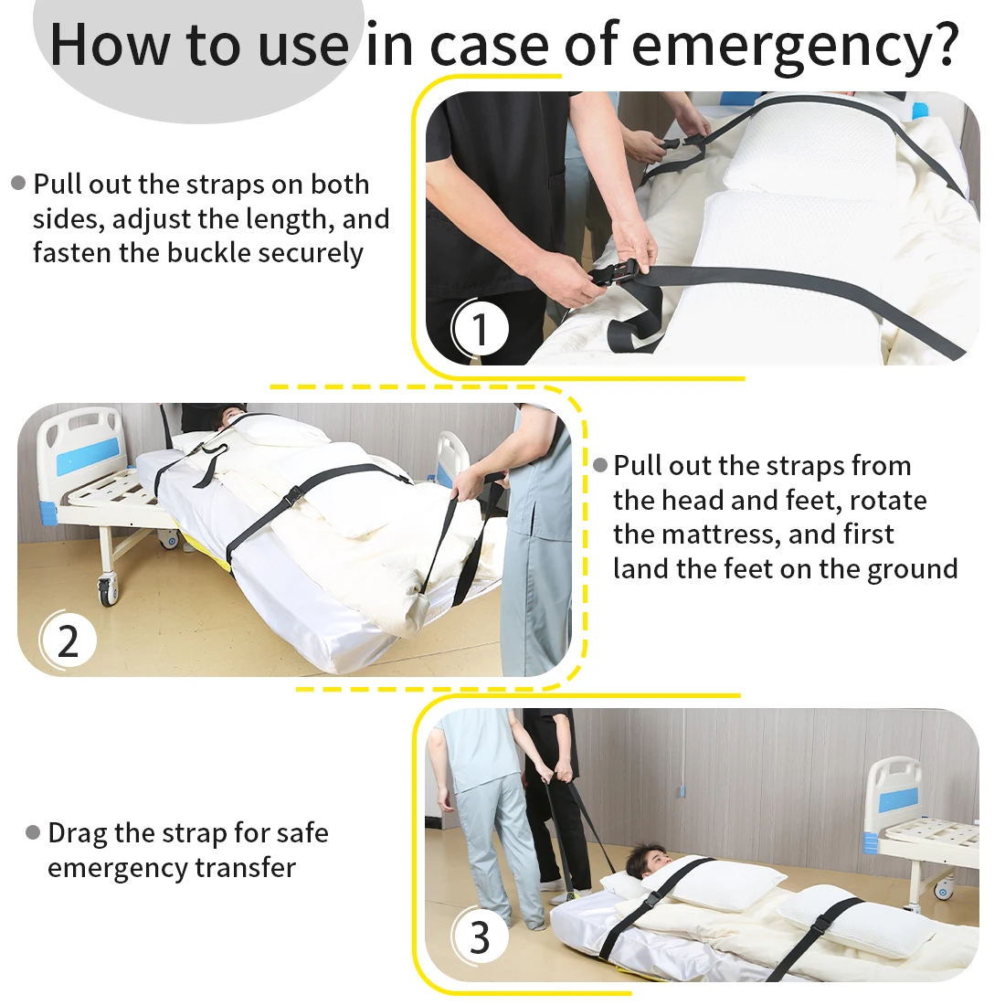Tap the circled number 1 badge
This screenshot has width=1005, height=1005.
click(480, 329)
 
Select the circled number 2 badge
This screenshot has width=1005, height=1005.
click(68, 640)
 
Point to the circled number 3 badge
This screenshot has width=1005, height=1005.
click(480, 937)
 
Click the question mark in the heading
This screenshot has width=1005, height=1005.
click(945, 43)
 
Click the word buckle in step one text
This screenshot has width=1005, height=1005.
click(208, 252)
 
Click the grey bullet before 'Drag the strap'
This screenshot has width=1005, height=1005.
click(33, 832)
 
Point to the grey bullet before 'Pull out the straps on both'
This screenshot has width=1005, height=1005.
click(18, 184)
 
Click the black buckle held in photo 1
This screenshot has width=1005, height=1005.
click(613, 275)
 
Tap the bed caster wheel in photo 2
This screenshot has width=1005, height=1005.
click(107, 592)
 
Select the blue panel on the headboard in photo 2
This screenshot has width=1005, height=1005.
click(89, 456)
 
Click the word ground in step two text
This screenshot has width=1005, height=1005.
click(913, 570)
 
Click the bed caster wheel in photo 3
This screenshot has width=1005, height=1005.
click(942, 890)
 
